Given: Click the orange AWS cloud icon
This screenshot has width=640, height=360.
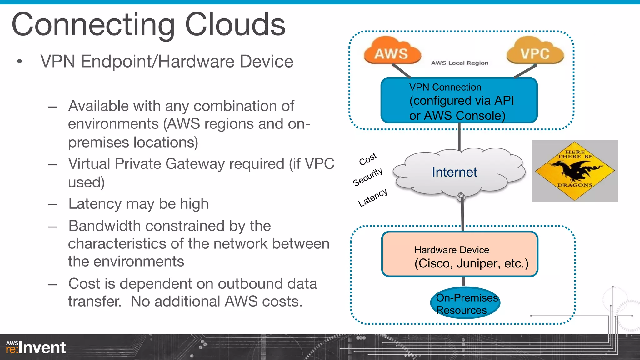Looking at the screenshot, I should (x=392, y=52).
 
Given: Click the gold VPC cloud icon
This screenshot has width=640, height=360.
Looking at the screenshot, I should (x=535, y=52).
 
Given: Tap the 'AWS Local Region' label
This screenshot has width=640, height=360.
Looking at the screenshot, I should (x=459, y=63).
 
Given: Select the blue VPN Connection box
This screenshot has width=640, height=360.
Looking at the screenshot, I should (x=459, y=100).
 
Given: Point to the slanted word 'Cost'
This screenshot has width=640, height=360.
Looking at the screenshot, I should (x=368, y=159).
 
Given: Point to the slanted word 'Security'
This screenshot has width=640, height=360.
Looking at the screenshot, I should (x=367, y=177).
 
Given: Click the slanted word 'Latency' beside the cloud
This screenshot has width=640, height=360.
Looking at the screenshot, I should (x=372, y=197).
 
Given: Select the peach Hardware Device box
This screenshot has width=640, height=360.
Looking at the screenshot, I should (x=459, y=254).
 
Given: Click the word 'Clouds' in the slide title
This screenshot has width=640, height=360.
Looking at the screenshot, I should (x=235, y=24).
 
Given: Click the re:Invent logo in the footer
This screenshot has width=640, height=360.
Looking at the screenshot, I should (x=36, y=347).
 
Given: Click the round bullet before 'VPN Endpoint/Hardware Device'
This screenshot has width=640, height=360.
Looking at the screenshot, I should (x=20, y=62).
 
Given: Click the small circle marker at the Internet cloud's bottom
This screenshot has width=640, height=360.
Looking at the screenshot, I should (x=461, y=197).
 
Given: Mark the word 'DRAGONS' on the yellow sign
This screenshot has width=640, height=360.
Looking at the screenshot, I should (x=575, y=185).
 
